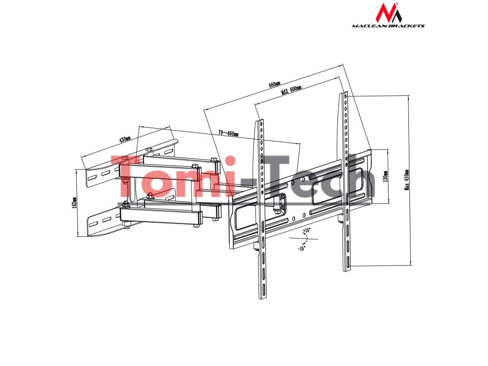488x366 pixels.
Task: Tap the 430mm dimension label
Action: [125, 140]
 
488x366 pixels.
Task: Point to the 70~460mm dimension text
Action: [228, 133]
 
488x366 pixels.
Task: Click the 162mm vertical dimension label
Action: [74, 203]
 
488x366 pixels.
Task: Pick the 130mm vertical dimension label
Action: [386, 177]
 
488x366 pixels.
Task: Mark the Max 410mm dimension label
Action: [407, 180]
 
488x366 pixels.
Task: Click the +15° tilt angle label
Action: [306, 230]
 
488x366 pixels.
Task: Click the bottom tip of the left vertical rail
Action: [263, 298]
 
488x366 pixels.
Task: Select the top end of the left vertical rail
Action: [260, 122]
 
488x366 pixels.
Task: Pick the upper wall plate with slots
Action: [102, 173]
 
